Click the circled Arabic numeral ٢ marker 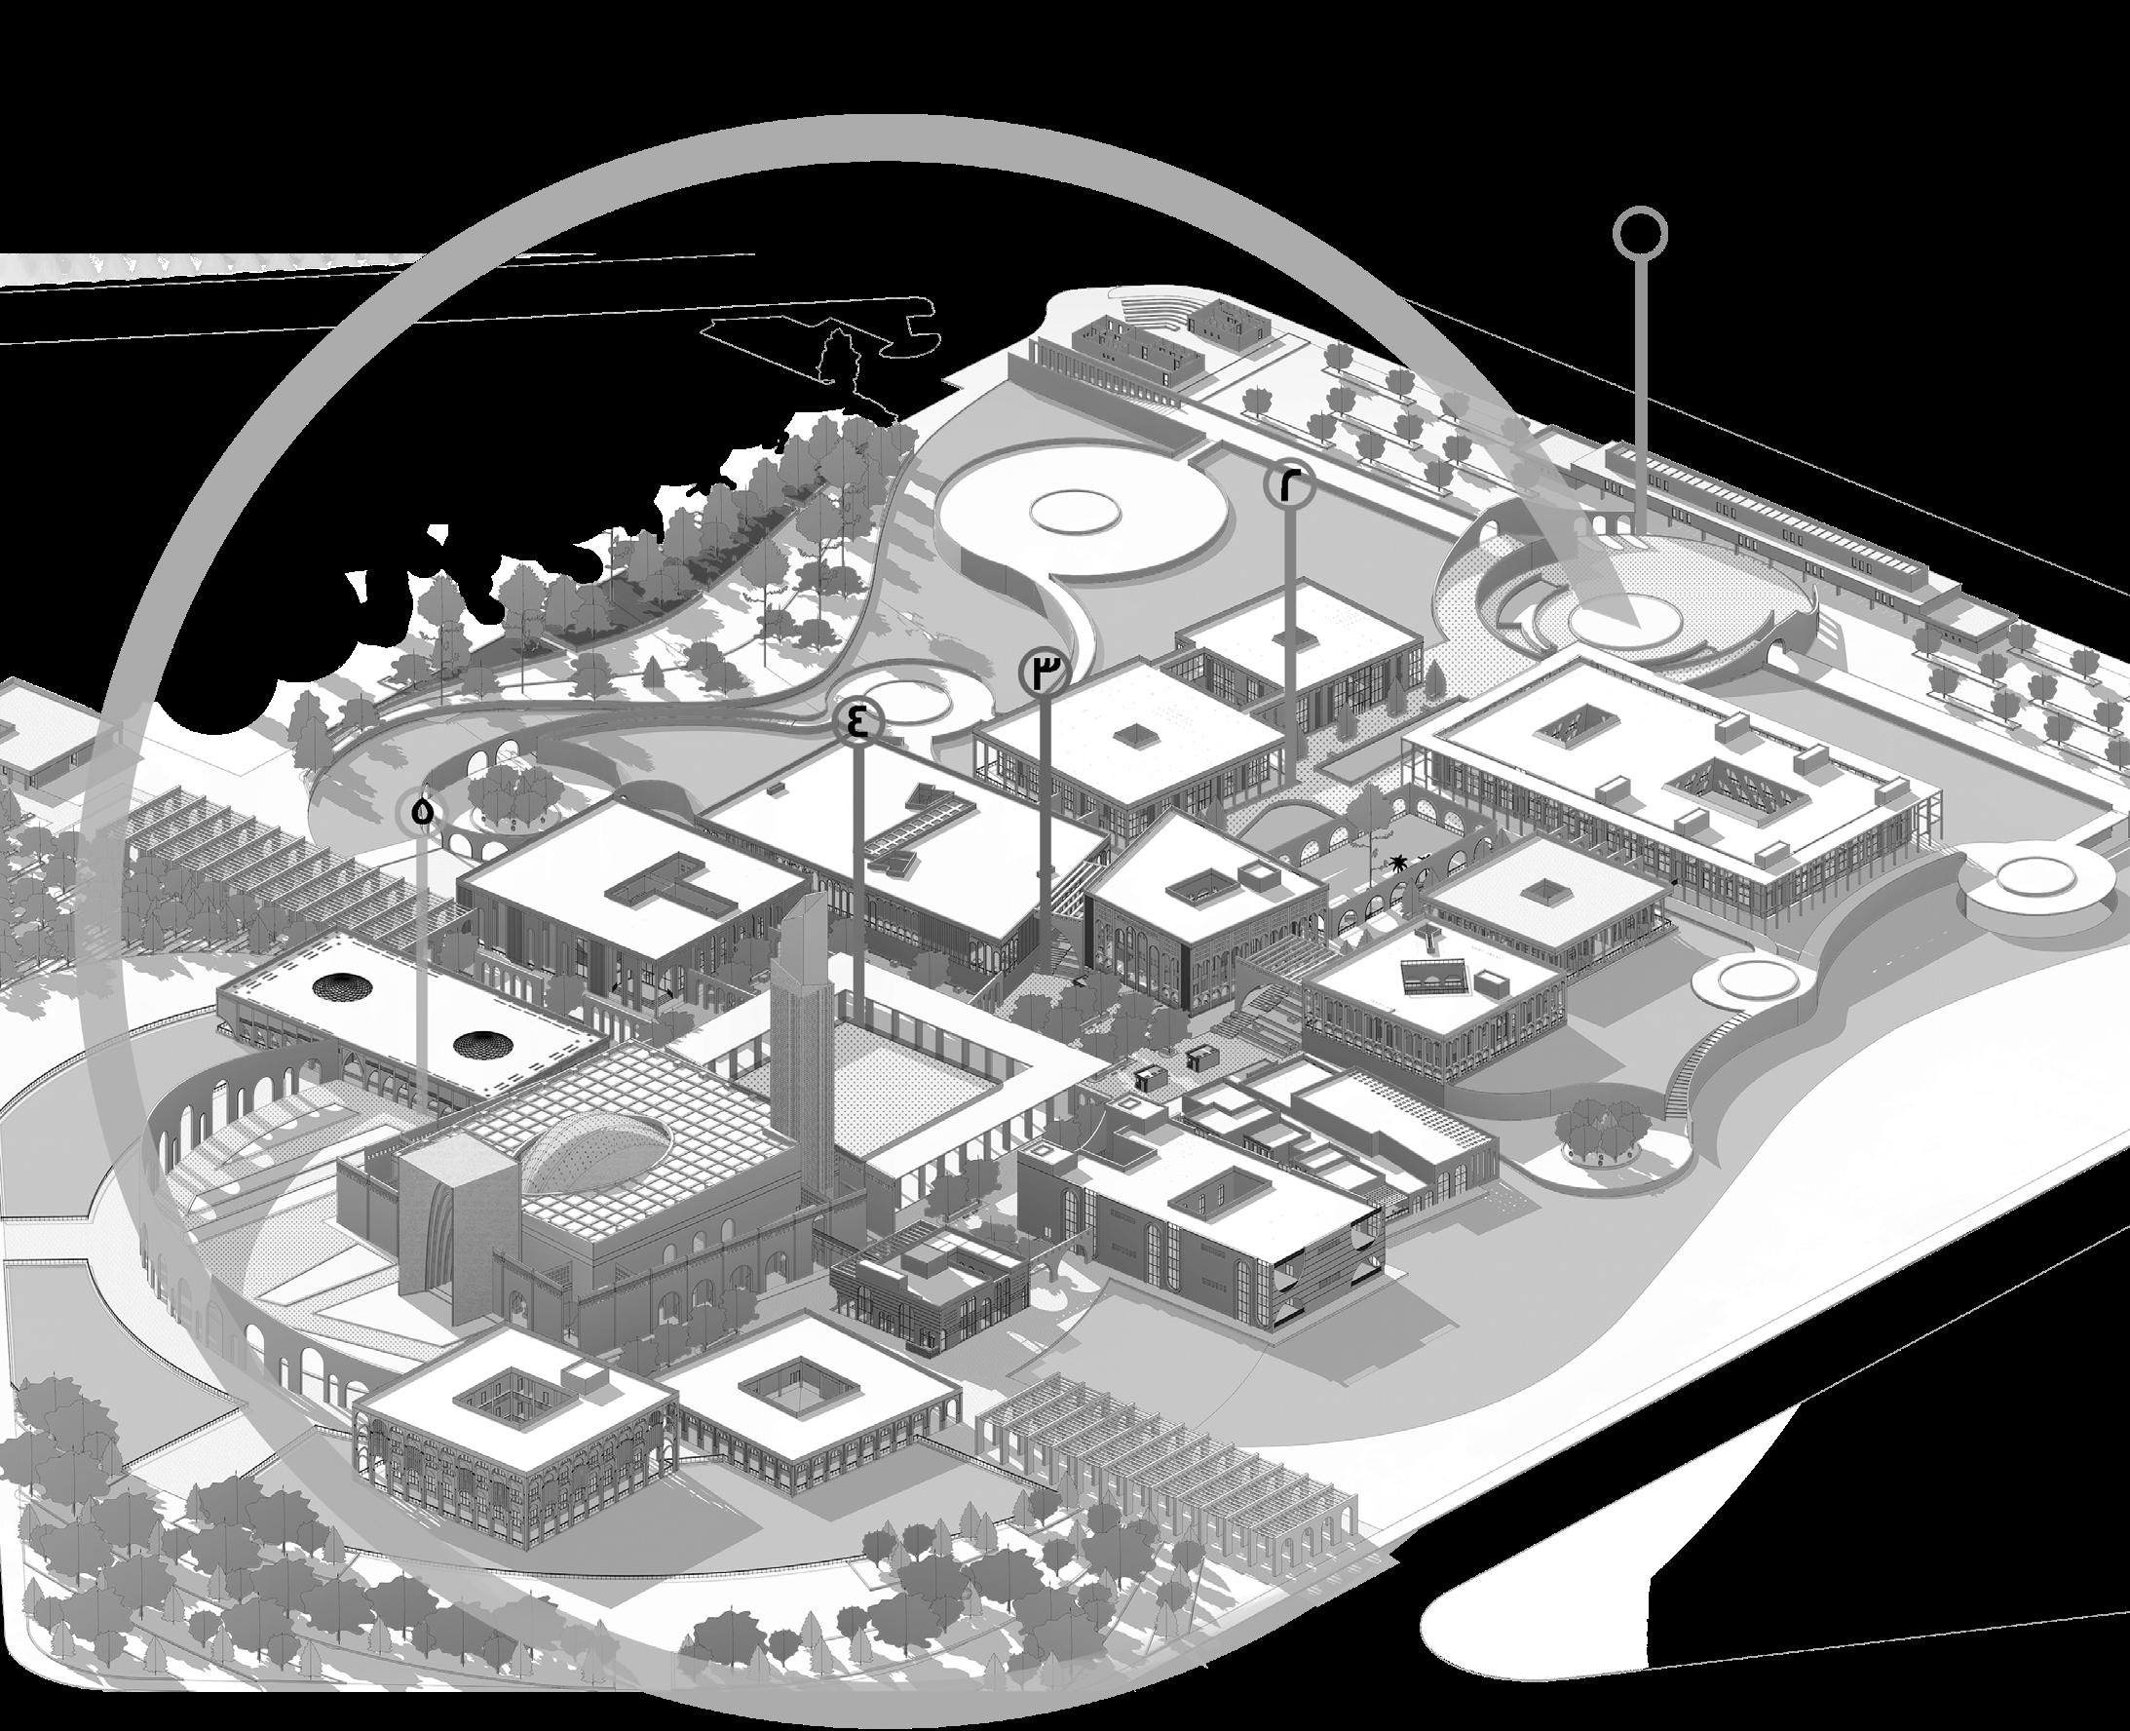(1289, 485)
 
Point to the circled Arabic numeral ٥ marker (422, 812)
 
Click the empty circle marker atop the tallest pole (1640, 235)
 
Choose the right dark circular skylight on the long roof (483, 1043)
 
